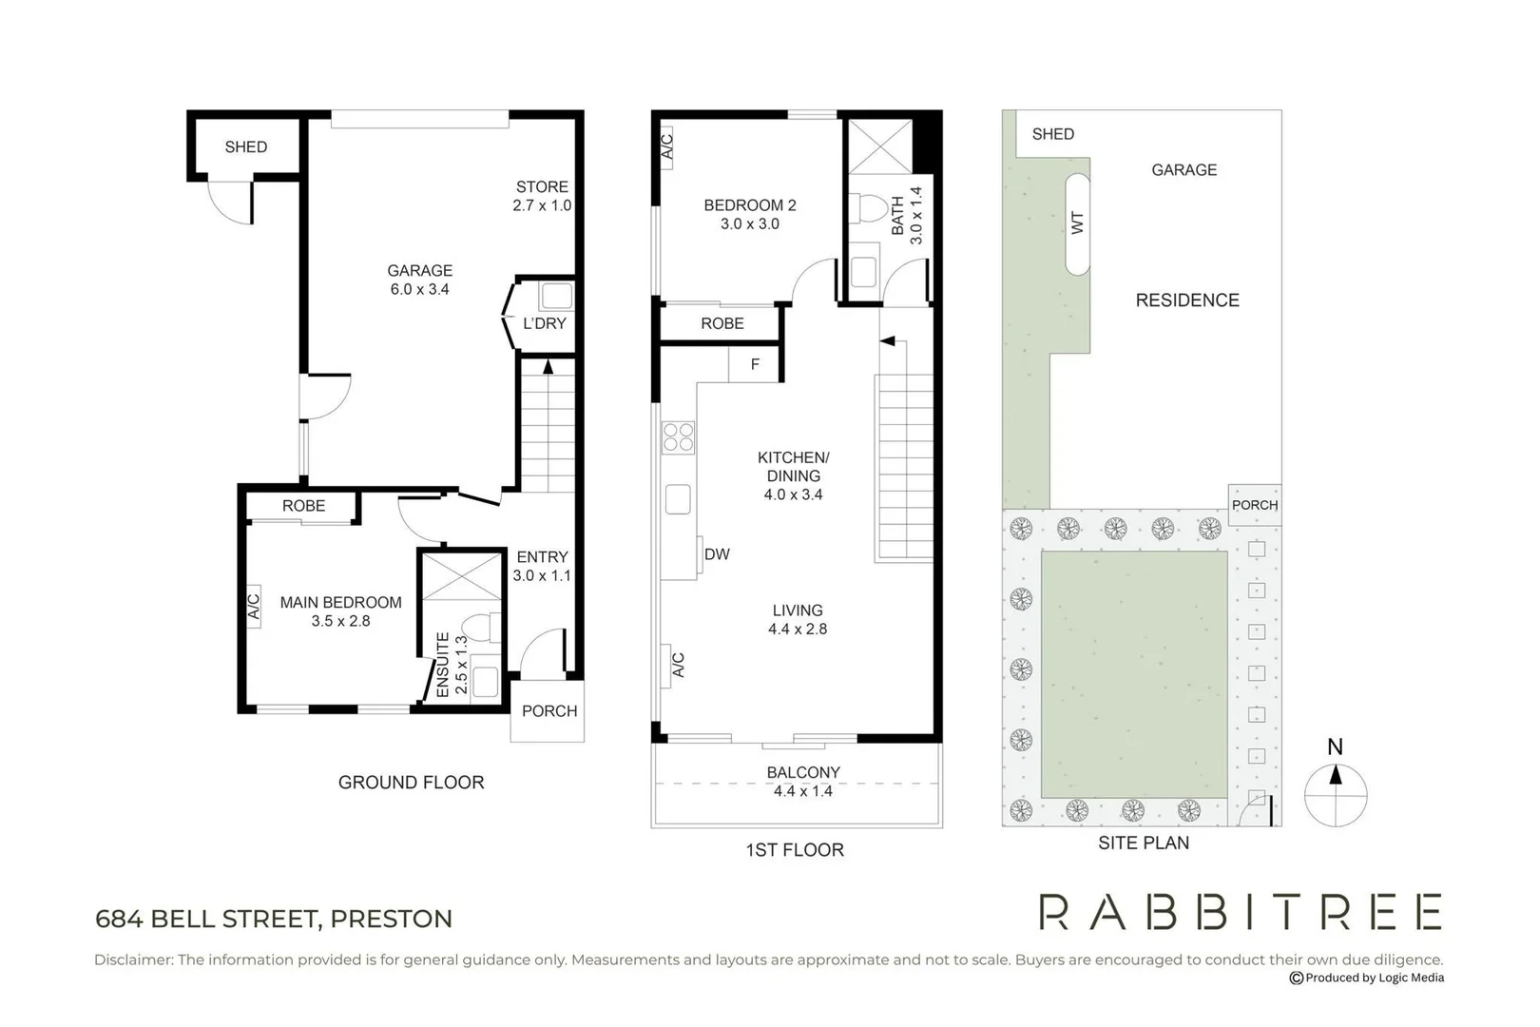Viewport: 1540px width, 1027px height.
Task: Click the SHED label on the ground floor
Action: pyautogui.click(x=245, y=146)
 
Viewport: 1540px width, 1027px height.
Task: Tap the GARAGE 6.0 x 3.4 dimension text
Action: pyautogui.click(x=419, y=289)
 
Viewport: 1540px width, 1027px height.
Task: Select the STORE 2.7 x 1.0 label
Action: pyautogui.click(x=542, y=196)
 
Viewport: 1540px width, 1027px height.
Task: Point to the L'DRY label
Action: pyautogui.click(x=544, y=323)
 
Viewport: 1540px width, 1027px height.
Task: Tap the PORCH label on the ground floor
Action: pyautogui.click(x=549, y=710)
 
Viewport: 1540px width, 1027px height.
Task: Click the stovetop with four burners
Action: pyautogui.click(x=678, y=437)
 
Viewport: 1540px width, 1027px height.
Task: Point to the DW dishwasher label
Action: pyautogui.click(x=717, y=554)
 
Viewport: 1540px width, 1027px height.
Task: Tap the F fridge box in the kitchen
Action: pyautogui.click(x=755, y=364)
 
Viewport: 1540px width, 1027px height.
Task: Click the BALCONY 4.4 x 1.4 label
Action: pyautogui.click(x=803, y=782)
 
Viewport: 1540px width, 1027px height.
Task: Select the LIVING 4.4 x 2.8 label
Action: pyautogui.click(x=797, y=619)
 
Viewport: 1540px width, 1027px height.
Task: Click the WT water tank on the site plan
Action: pyautogui.click(x=1077, y=224)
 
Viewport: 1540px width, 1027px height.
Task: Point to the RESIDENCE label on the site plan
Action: pyautogui.click(x=1186, y=300)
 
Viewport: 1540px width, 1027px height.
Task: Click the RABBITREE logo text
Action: pyautogui.click(x=1240, y=912)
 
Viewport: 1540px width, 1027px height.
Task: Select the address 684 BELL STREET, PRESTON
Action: pyautogui.click(x=274, y=919)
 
